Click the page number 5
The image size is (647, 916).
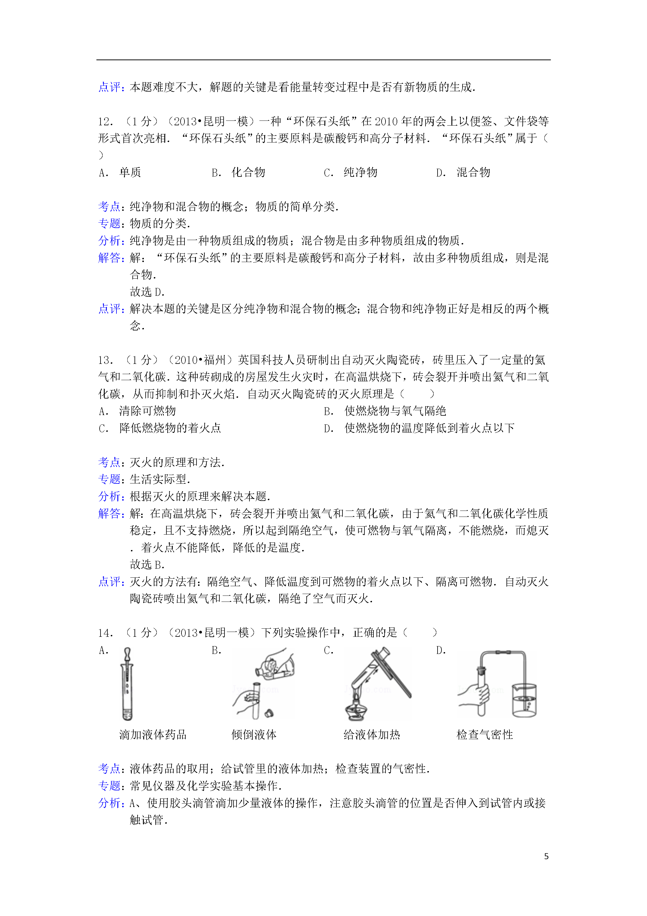(x=546, y=856)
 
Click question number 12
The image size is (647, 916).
(x=105, y=121)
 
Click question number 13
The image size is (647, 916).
(x=105, y=360)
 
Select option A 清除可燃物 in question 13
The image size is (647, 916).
(x=147, y=411)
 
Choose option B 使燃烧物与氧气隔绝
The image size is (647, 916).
(x=395, y=411)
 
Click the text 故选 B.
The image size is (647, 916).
(x=147, y=564)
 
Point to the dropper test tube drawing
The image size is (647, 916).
(x=127, y=684)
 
